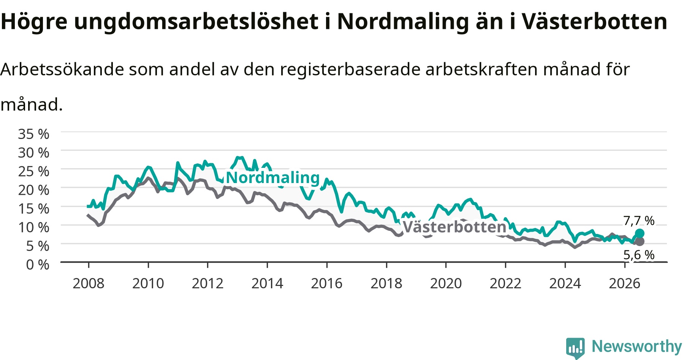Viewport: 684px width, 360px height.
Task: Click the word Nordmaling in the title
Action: (x=403, y=22)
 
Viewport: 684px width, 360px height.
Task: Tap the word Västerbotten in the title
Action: (x=594, y=22)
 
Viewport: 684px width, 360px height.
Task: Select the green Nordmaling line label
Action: (x=273, y=177)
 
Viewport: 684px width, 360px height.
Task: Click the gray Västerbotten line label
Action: (x=454, y=227)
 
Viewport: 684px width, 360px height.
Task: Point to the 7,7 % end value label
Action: (x=639, y=221)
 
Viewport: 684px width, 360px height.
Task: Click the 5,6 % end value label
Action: (x=639, y=255)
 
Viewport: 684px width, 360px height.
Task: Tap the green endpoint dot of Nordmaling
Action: (x=640, y=233)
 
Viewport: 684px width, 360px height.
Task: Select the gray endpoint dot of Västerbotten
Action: (x=640, y=241)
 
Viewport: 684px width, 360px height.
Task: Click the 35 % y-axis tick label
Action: (x=33, y=134)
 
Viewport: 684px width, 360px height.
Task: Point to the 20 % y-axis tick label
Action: (x=33, y=190)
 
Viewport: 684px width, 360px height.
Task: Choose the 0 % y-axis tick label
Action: (x=38, y=264)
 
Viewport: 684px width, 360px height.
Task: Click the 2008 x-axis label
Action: (x=89, y=283)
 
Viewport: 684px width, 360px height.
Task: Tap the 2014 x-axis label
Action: (x=268, y=283)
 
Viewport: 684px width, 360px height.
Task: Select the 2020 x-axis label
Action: (x=446, y=283)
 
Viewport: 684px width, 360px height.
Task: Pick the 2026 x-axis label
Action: (x=625, y=283)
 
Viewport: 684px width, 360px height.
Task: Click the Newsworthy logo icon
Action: (x=575, y=347)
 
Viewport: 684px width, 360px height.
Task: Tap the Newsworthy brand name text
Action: (x=637, y=347)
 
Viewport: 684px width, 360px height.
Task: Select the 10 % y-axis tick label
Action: (x=33, y=227)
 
